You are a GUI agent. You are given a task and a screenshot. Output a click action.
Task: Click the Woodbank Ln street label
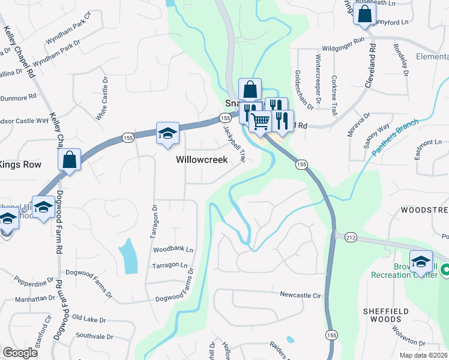click(x=173, y=249)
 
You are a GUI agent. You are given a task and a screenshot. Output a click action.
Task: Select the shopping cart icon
click(x=260, y=121)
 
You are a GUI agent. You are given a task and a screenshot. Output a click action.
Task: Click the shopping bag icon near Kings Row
click(x=70, y=160)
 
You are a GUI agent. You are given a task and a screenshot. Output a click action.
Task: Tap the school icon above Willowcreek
click(x=167, y=133)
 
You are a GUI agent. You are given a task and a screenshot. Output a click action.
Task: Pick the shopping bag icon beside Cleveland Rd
click(x=364, y=13)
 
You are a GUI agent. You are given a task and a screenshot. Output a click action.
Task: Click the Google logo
click(x=20, y=352)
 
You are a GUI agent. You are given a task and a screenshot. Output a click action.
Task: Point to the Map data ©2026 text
click(x=424, y=355)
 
